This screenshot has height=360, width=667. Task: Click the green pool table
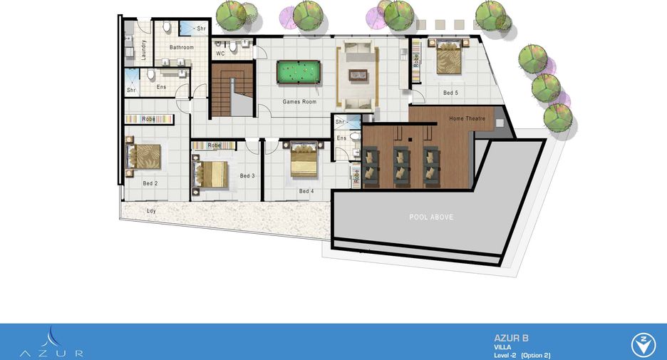point(298,72)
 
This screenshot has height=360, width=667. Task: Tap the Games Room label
point(299,102)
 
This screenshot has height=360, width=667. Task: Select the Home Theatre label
point(467,118)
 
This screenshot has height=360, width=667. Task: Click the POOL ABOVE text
point(431,217)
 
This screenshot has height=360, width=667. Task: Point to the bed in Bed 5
point(449,56)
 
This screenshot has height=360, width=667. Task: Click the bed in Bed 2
point(145,157)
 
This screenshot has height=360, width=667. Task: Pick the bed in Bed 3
point(211,174)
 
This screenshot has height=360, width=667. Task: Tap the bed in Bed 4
point(304,160)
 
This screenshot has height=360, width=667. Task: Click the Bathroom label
point(182,47)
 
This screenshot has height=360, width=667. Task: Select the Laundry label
point(144,50)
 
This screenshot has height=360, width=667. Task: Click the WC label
point(220,53)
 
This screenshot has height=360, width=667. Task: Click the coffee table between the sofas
point(358,75)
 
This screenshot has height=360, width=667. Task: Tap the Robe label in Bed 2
point(148,119)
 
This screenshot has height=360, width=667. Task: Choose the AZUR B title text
point(512,339)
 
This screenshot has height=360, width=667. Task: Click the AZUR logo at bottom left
point(51,343)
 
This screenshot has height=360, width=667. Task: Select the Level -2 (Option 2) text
point(522,355)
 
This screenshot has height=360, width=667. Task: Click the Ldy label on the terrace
point(152,210)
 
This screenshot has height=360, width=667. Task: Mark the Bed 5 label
point(451,93)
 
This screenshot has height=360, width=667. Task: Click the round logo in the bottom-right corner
point(643,345)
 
